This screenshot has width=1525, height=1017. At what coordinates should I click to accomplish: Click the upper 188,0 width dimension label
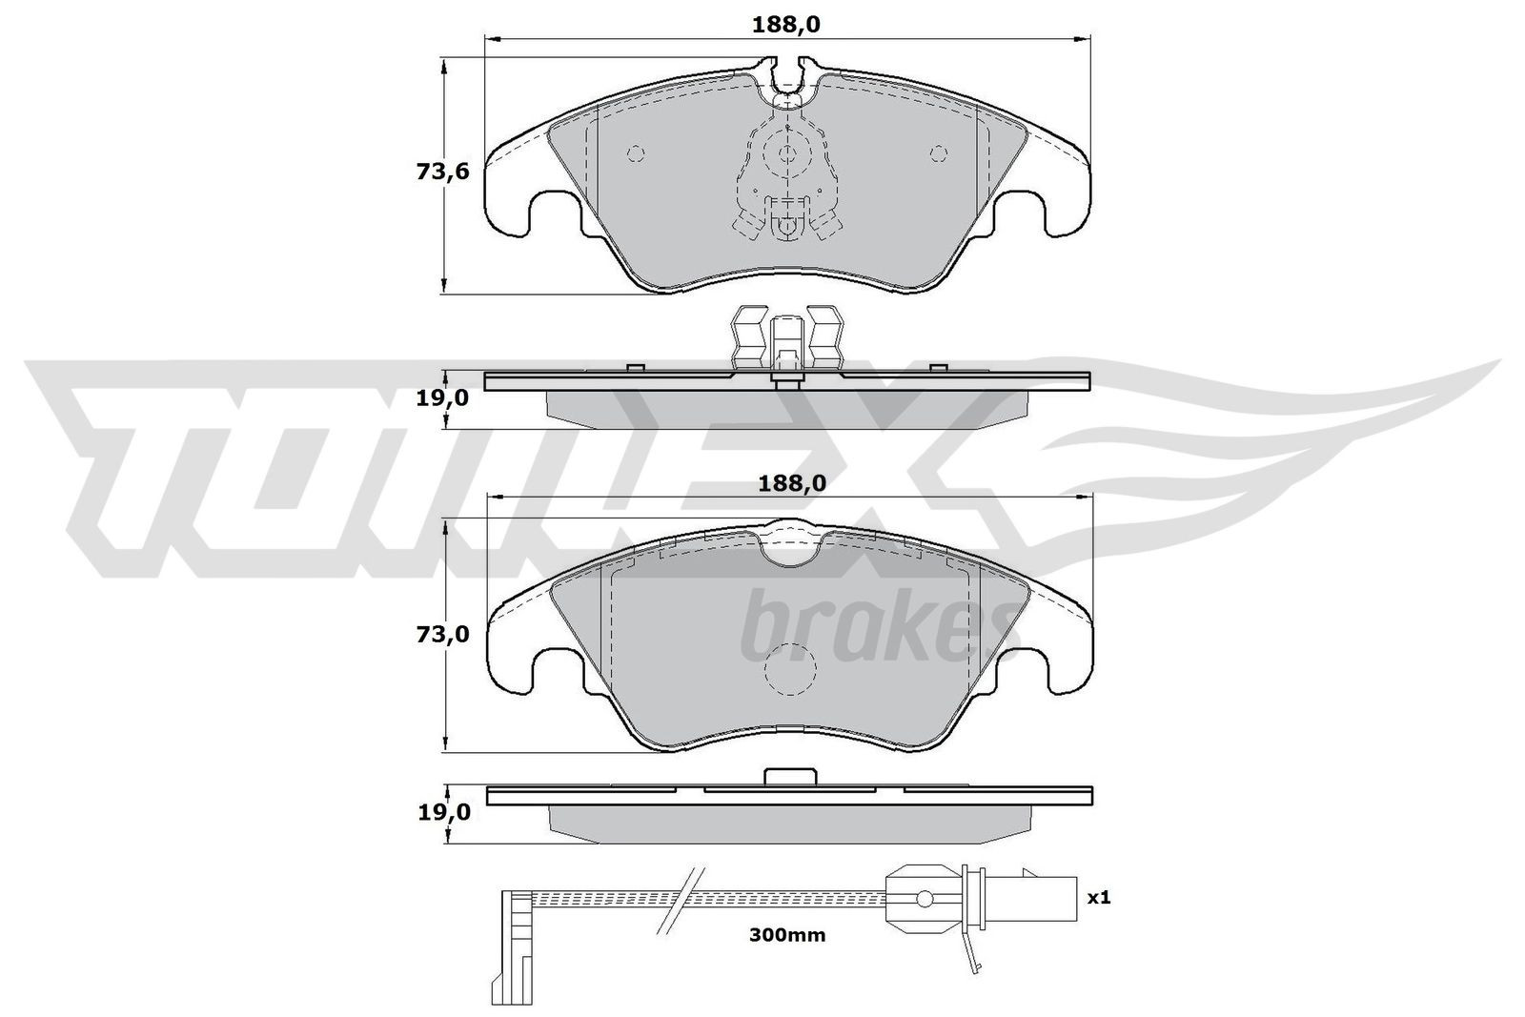click(786, 26)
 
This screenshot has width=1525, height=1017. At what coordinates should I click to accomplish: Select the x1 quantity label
click(1099, 898)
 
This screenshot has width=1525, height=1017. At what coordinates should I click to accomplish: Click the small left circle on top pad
click(636, 153)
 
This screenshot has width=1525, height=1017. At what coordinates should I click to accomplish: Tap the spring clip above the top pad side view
click(786, 338)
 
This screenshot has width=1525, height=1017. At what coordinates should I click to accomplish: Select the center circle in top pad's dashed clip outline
click(787, 153)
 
